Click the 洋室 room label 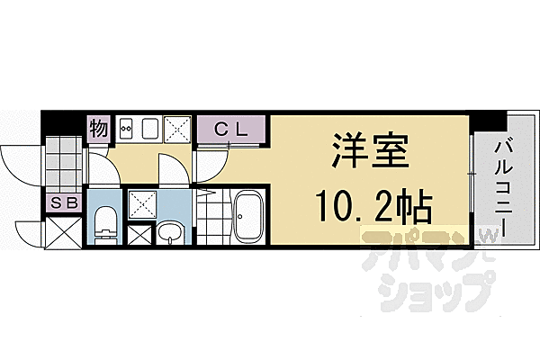click(x=370, y=151)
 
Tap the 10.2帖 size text click(x=373, y=206)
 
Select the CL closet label click(x=230, y=130)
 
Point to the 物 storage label click(x=99, y=128)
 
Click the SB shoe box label click(x=65, y=202)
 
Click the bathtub click(x=247, y=217)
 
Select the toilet click(x=104, y=224)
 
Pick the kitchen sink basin click(x=150, y=129)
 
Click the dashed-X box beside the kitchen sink click(x=177, y=130)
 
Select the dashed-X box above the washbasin click(x=142, y=205)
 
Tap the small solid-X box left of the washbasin click(x=139, y=235)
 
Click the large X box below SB click(x=63, y=232)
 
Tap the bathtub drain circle click(x=240, y=217)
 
